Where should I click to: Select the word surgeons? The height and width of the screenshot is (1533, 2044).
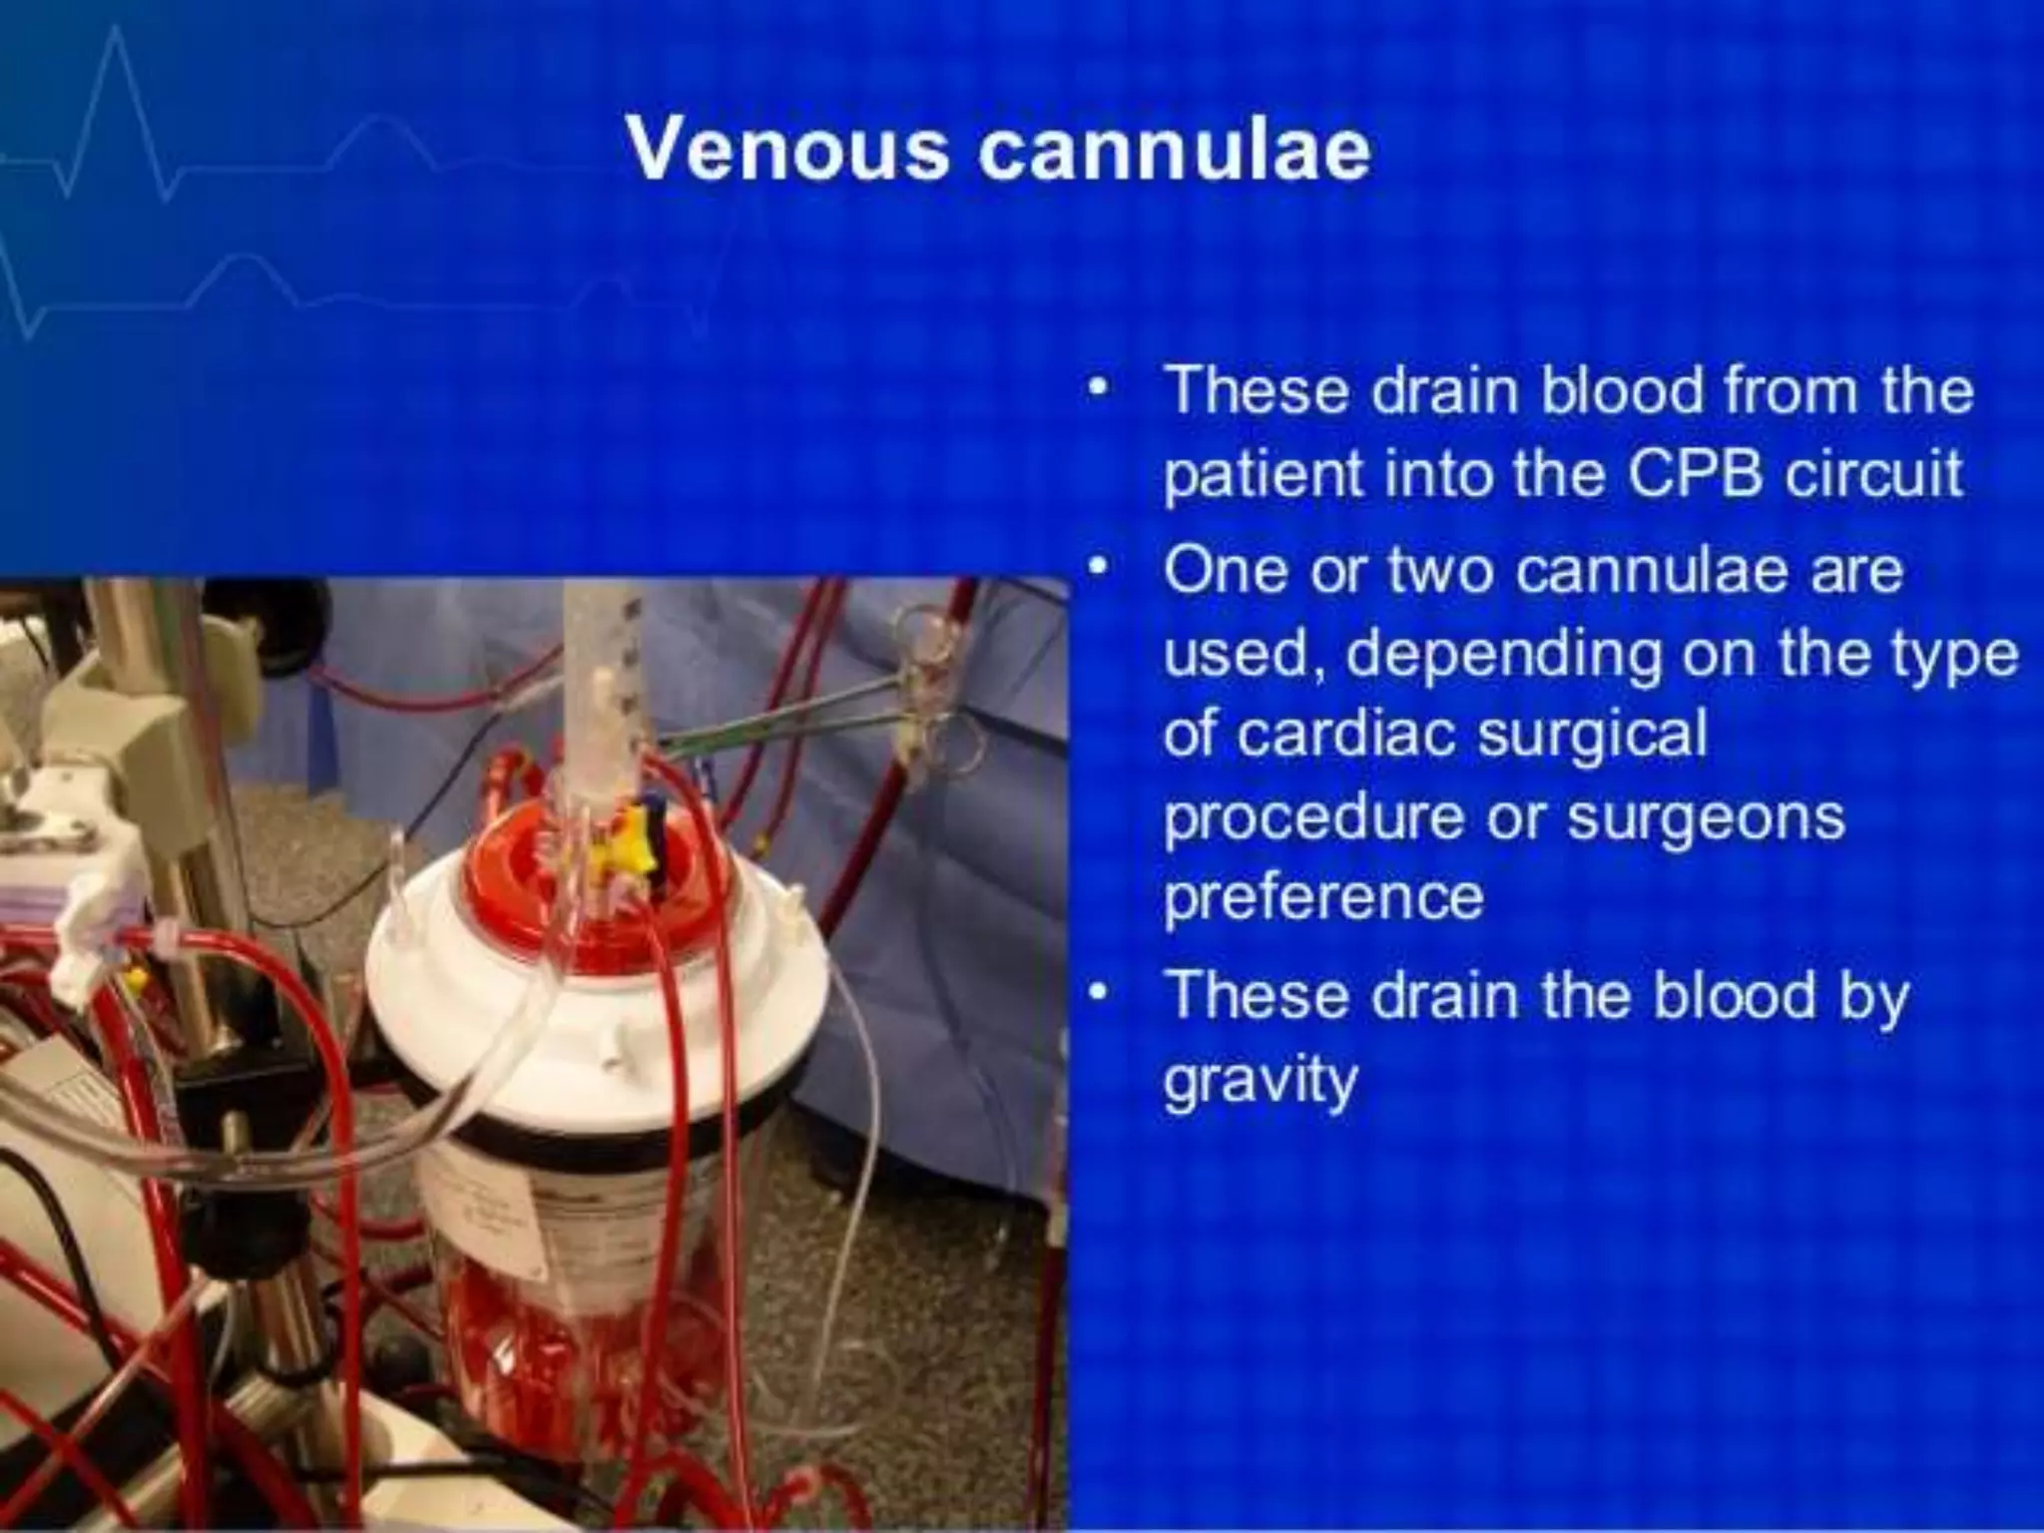[x=1706, y=817]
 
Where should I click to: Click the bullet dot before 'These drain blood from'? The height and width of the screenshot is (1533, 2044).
[x=1099, y=389]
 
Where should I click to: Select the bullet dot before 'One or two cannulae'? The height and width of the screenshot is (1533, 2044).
[x=1099, y=570]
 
